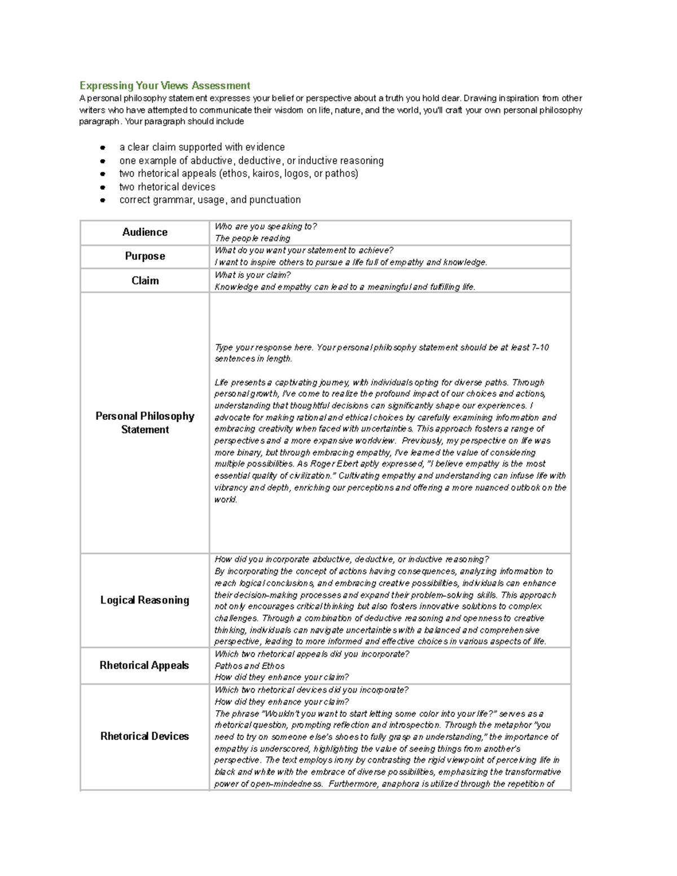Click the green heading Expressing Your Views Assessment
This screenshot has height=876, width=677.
click(x=165, y=86)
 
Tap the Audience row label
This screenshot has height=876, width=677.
click(x=145, y=232)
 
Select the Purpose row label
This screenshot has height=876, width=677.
click(x=145, y=256)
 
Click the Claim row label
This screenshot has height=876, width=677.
click(x=145, y=280)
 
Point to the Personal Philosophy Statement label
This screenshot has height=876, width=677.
click(x=145, y=422)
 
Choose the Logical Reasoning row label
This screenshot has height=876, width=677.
click(x=145, y=600)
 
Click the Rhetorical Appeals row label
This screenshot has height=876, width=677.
click(x=144, y=666)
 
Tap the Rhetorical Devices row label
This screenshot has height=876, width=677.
click(x=145, y=736)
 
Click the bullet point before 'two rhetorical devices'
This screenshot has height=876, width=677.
click(x=103, y=187)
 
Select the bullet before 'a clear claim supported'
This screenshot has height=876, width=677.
click(x=103, y=148)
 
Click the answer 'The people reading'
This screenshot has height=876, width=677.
click(x=253, y=239)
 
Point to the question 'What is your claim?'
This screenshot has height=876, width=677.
click(x=253, y=275)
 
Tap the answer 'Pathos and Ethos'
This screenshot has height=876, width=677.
click(x=250, y=666)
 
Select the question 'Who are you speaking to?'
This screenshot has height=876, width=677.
click(x=266, y=227)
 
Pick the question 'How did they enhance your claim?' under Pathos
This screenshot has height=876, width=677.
click(x=282, y=677)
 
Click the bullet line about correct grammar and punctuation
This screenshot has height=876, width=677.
click(x=210, y=200)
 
